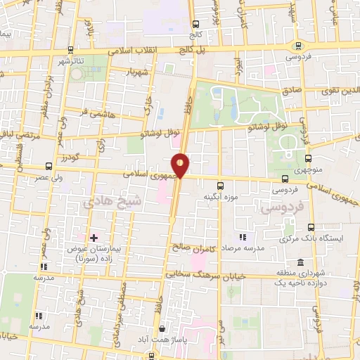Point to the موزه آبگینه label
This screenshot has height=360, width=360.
pyautogui.click(x=219, y=196)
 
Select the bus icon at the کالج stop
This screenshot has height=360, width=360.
pyautogui.click(x=194, y=23)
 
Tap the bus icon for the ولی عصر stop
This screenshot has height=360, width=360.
pyautogui.click(x=47, y=166)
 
